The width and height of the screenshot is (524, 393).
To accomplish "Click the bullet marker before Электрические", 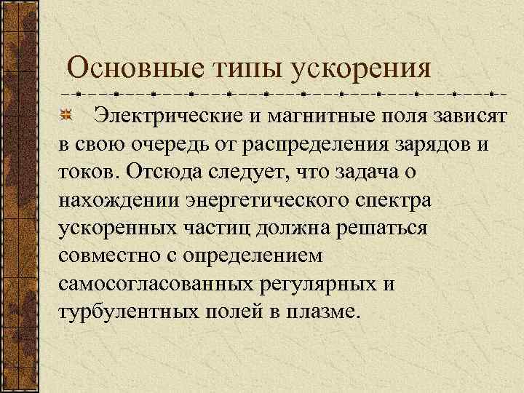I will [x=67, y=115].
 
